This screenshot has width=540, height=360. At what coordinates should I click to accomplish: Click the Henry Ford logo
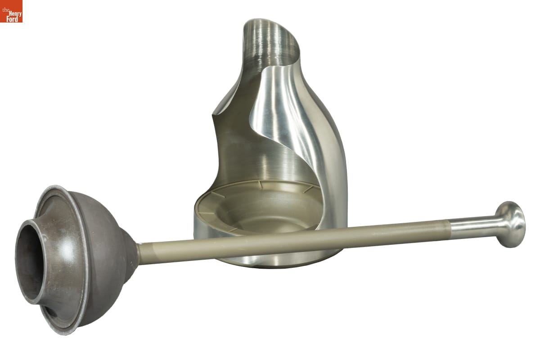[11, 11]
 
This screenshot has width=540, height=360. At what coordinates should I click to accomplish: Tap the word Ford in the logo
[12, 19]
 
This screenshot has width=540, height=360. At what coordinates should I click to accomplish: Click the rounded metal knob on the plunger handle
[511, 225]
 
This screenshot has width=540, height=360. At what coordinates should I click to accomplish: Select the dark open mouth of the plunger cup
[28, 261]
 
